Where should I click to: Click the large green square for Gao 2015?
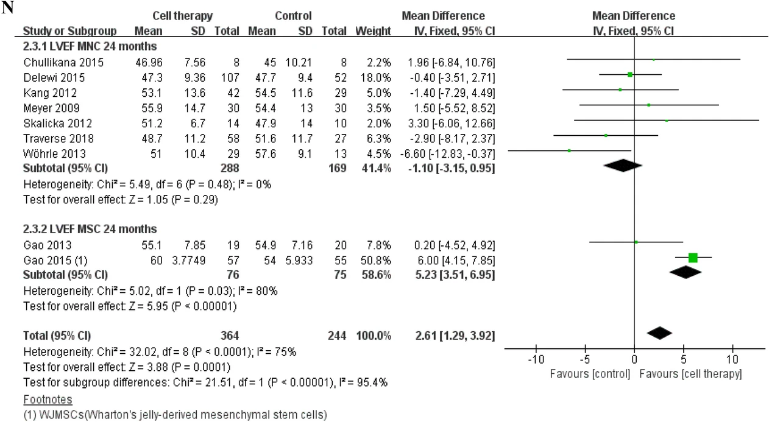[692, 258]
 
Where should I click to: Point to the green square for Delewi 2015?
[630, 74]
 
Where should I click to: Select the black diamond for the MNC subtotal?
[623, 165]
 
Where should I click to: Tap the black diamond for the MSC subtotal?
[686, 272]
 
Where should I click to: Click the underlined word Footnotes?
[47, 399]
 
